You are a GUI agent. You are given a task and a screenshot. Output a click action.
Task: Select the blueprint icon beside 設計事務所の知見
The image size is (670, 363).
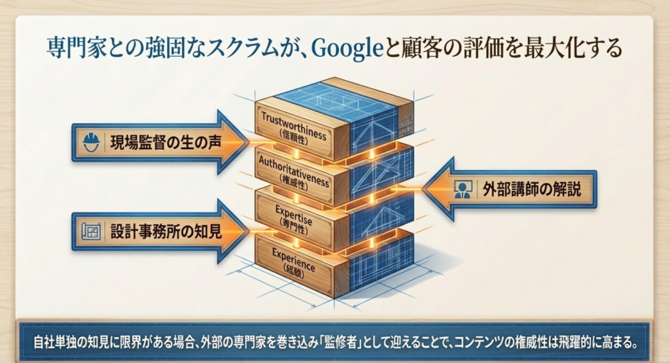coord(91,230)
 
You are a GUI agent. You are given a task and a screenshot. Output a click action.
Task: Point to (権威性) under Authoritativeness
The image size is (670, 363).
coord(294,181)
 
